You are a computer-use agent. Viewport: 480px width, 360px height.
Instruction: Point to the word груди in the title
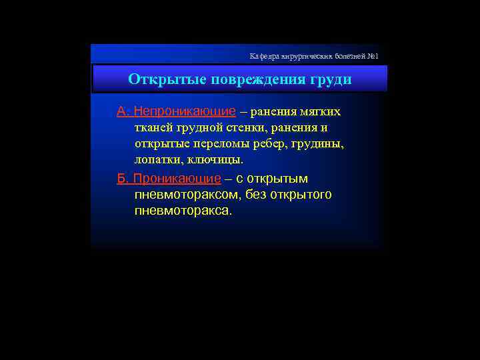(x=330, y=79)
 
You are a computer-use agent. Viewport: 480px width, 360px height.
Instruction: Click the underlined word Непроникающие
(x=185, y=111)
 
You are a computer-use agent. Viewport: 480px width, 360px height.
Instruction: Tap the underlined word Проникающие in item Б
(x=177, y=179)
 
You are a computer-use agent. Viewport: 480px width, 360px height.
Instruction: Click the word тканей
(x=153, y=127)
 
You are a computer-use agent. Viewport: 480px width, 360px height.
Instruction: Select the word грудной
(x=199, y=127)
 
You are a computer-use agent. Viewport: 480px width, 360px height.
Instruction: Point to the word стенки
(x=249, y=127)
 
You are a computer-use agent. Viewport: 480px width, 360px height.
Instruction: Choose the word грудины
(x=317, y=144)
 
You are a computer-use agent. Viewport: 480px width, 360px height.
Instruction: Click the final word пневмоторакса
(x=183, y=211)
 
